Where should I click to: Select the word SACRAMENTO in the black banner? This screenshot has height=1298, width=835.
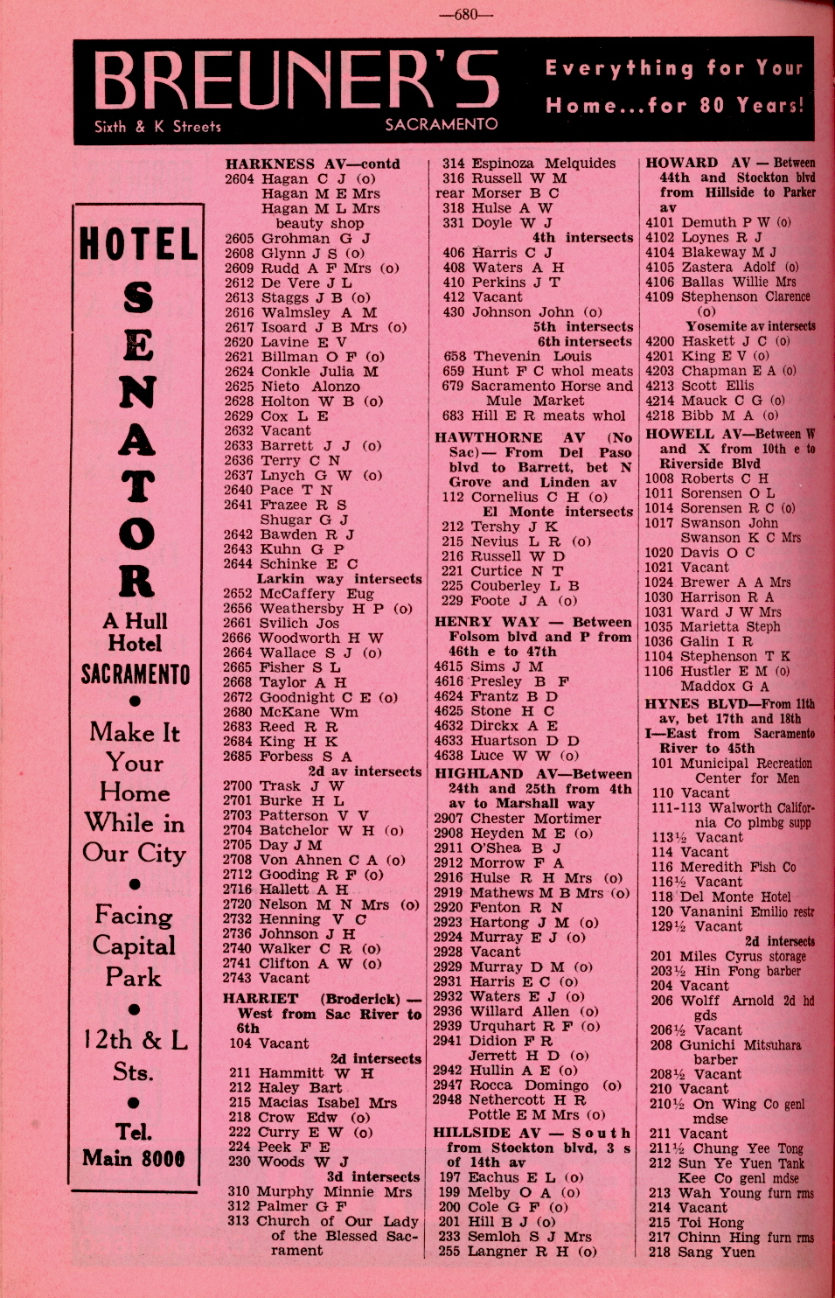(442, 124)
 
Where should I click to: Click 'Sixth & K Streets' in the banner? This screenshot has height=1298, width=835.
(157, 126)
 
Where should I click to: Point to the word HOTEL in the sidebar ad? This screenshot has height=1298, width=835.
(137, 244)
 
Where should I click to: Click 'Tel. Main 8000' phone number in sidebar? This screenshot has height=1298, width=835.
(134, 1145)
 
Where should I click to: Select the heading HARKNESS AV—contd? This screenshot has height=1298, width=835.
(312, 164)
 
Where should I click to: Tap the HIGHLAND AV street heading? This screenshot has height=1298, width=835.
(495, 774)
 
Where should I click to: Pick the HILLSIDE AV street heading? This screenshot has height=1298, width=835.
(487, 1132)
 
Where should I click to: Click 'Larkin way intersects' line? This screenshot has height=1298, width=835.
(338, 579)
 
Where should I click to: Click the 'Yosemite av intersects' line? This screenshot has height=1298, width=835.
(750, 326)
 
